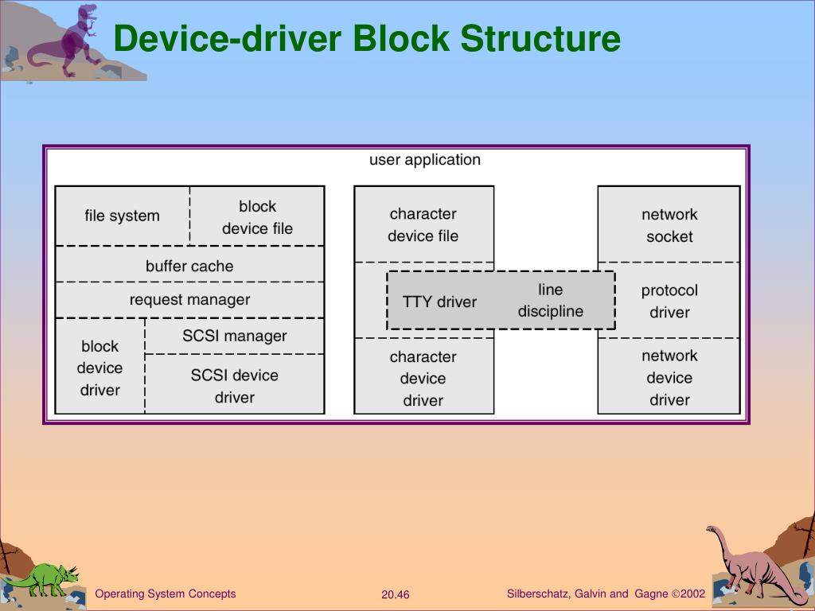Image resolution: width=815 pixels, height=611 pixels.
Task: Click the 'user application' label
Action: tap(425, 160)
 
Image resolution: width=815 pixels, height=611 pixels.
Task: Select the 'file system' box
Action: tap(122, 216)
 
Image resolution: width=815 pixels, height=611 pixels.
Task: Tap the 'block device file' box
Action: tap(257, 217)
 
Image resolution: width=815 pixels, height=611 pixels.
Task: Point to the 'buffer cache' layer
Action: tap(189, 267)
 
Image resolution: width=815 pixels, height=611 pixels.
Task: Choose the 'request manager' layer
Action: tap(189, 300)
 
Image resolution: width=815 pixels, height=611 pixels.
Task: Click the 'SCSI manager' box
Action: tap(235, 336)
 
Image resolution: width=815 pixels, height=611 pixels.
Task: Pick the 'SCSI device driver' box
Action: tap(235, 386)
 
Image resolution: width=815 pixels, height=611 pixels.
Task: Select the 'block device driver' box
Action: tap(100, 368)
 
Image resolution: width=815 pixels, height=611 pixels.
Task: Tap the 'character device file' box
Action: tap(423, 224)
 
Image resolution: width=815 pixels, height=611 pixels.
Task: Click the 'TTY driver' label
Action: tap(439, 302)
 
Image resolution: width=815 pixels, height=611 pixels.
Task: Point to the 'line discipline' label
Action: tap(551, 301)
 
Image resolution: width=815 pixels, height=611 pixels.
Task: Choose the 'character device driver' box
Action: tap(423, 379)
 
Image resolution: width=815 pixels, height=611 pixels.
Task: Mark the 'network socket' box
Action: tap(669, 225)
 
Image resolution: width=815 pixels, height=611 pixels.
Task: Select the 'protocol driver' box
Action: tap(669, 302)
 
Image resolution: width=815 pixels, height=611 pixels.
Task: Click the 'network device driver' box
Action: tap(669, 378)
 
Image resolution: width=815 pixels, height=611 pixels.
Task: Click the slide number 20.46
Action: tap(396, 594)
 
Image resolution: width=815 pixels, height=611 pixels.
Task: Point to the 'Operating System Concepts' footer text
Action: tap(166, 593)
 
